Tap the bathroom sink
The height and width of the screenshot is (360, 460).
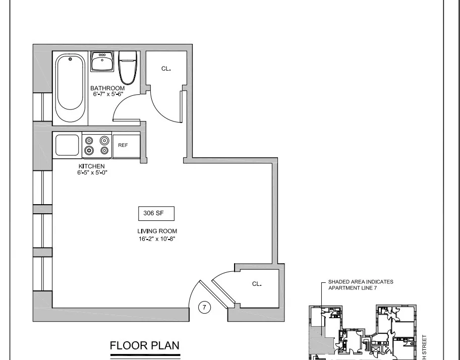pyautogui.click(x=102, y=63)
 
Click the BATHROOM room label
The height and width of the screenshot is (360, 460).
pyautogui.click(x=107, y=88)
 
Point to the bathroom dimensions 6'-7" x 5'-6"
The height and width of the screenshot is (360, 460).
pyautogui.click(x=107, y=94)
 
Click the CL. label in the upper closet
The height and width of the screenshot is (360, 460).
pyautogui.click(x=166, y=69)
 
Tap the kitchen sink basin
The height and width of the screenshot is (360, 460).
pyautogui.click(x=67, y=145)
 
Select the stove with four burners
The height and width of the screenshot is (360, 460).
pyautogui.click(x=97, y=145)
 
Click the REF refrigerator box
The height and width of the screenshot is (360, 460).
pyautogui.click(x=123, y=145)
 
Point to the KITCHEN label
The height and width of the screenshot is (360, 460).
pyautogui.click(x=91, y=166)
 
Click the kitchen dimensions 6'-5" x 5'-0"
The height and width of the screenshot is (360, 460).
pyautogui.click(x=91, y=172)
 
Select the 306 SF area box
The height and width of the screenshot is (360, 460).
pyautogui.click(x=156, y=214)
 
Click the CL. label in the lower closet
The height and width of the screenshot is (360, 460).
pyautogui.click(x=257, y=284)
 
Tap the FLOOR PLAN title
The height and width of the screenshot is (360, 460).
pyautogui.click(x=144, y=346)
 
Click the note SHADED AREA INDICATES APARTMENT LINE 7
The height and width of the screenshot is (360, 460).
pyautogui.click(x=360, y=285)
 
